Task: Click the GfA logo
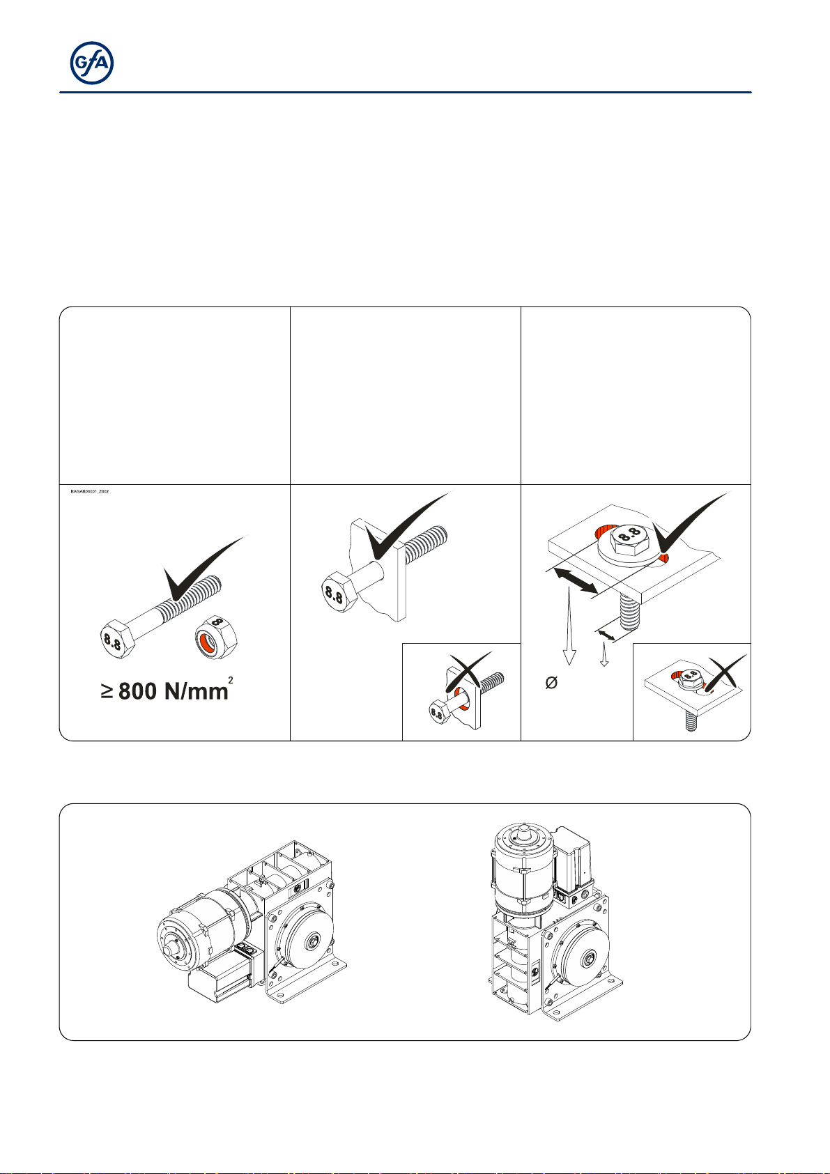(92, 63)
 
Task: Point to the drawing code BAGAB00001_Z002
(89, 492)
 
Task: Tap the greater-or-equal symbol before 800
(107, 691)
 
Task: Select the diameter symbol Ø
(551, 684)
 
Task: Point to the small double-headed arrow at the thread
(607, 635)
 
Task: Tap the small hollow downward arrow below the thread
(604, 654)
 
